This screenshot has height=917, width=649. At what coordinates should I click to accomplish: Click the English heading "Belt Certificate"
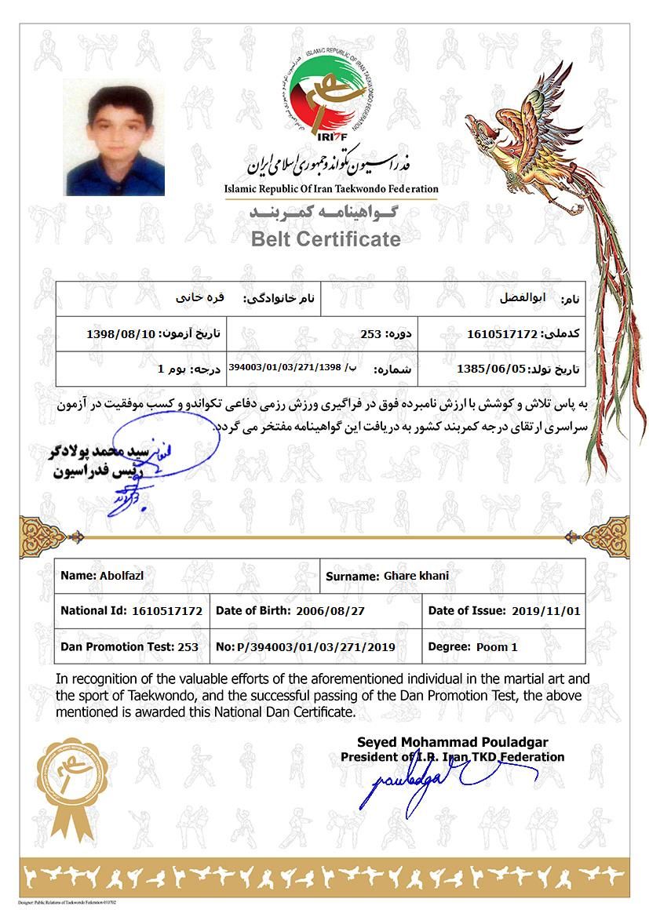[x=326, y=239]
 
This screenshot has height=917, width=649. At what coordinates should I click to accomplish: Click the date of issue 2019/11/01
[x=545, y=611]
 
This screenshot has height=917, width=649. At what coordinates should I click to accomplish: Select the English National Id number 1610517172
[x=168, y=611]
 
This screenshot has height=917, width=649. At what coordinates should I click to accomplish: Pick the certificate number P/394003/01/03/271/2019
[x=316, y=648]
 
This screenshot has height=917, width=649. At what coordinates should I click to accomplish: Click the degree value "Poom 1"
[x=497, y=648]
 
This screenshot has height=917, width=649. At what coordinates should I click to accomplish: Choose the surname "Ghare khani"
[x=417, y=577]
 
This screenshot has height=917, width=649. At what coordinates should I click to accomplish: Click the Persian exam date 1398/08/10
[x=122, y=334]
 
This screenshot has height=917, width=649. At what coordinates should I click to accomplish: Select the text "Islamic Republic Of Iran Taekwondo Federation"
[x=331, y=189]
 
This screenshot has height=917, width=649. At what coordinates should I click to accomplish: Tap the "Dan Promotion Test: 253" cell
[x=129, y=648]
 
